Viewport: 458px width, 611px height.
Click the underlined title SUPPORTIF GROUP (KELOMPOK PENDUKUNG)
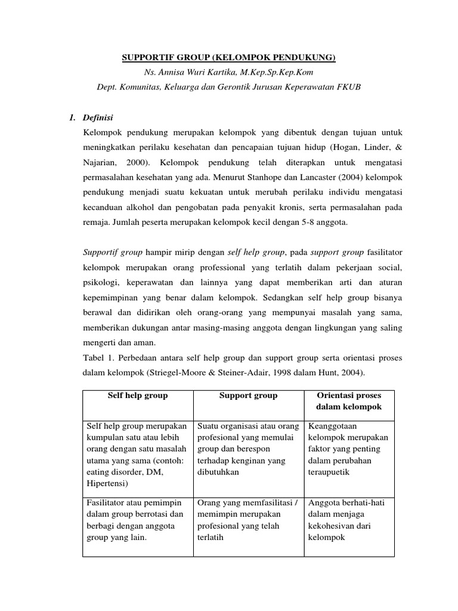pyautogui.click(x=229, y=58)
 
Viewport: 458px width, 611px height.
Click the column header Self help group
pyautogui.click(x=138, y=396)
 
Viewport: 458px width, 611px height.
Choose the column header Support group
pyautogui.click(x=248, y=396)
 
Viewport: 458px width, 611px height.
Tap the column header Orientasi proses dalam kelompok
pyautogui.click(x=348, y=401)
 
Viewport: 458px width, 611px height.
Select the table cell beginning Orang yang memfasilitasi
pyautogui.click(x=248, y=520)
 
